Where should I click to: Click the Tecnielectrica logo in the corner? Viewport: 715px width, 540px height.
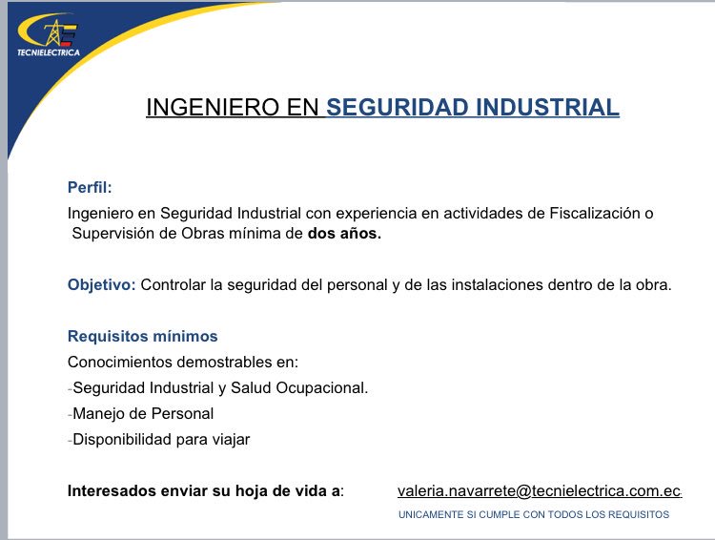coord(47,38)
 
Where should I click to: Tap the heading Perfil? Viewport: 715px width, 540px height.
coord(90,187)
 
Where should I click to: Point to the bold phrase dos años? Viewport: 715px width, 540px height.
coord(344,235)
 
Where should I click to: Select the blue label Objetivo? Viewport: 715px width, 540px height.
coord(102,284)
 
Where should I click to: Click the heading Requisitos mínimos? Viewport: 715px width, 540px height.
coord(142,336)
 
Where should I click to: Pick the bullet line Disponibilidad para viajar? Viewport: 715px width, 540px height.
coord(161,439)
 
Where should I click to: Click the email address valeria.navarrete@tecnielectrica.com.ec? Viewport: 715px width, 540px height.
coord(539,490)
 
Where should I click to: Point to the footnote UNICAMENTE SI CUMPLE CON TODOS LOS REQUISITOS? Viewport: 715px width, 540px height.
coord(533,515)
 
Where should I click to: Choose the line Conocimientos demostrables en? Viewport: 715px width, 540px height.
coord(183,362)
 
